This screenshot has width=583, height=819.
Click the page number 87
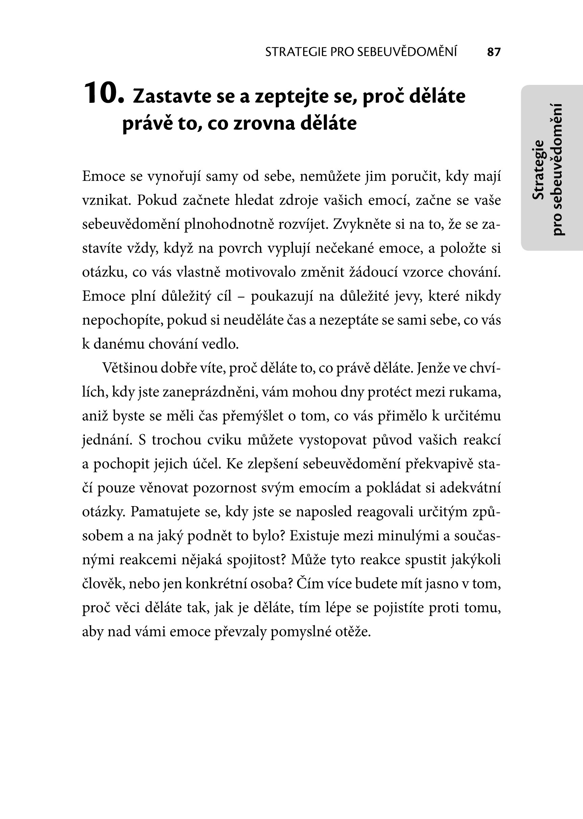[x=494, y=52]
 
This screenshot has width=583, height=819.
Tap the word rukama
[x=479, y=392]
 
